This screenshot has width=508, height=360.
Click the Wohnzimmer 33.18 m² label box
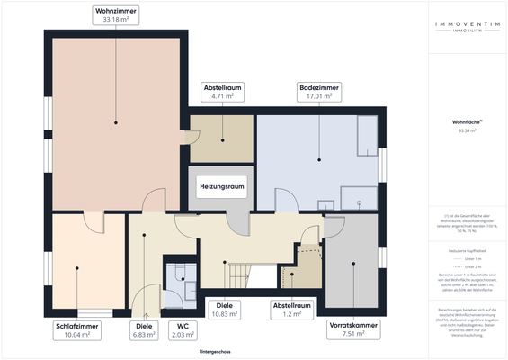coord(116,14)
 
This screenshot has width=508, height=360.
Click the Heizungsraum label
coord(221,186)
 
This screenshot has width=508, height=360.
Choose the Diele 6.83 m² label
coord(143,329)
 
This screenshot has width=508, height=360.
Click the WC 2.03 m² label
coord(182,329)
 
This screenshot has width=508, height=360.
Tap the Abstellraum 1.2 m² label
coord(294,310)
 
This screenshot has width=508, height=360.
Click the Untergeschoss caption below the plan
coord(217,352)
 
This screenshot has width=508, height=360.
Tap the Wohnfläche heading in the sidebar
coord(467,120)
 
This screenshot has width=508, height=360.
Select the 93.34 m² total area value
coord(467,130)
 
